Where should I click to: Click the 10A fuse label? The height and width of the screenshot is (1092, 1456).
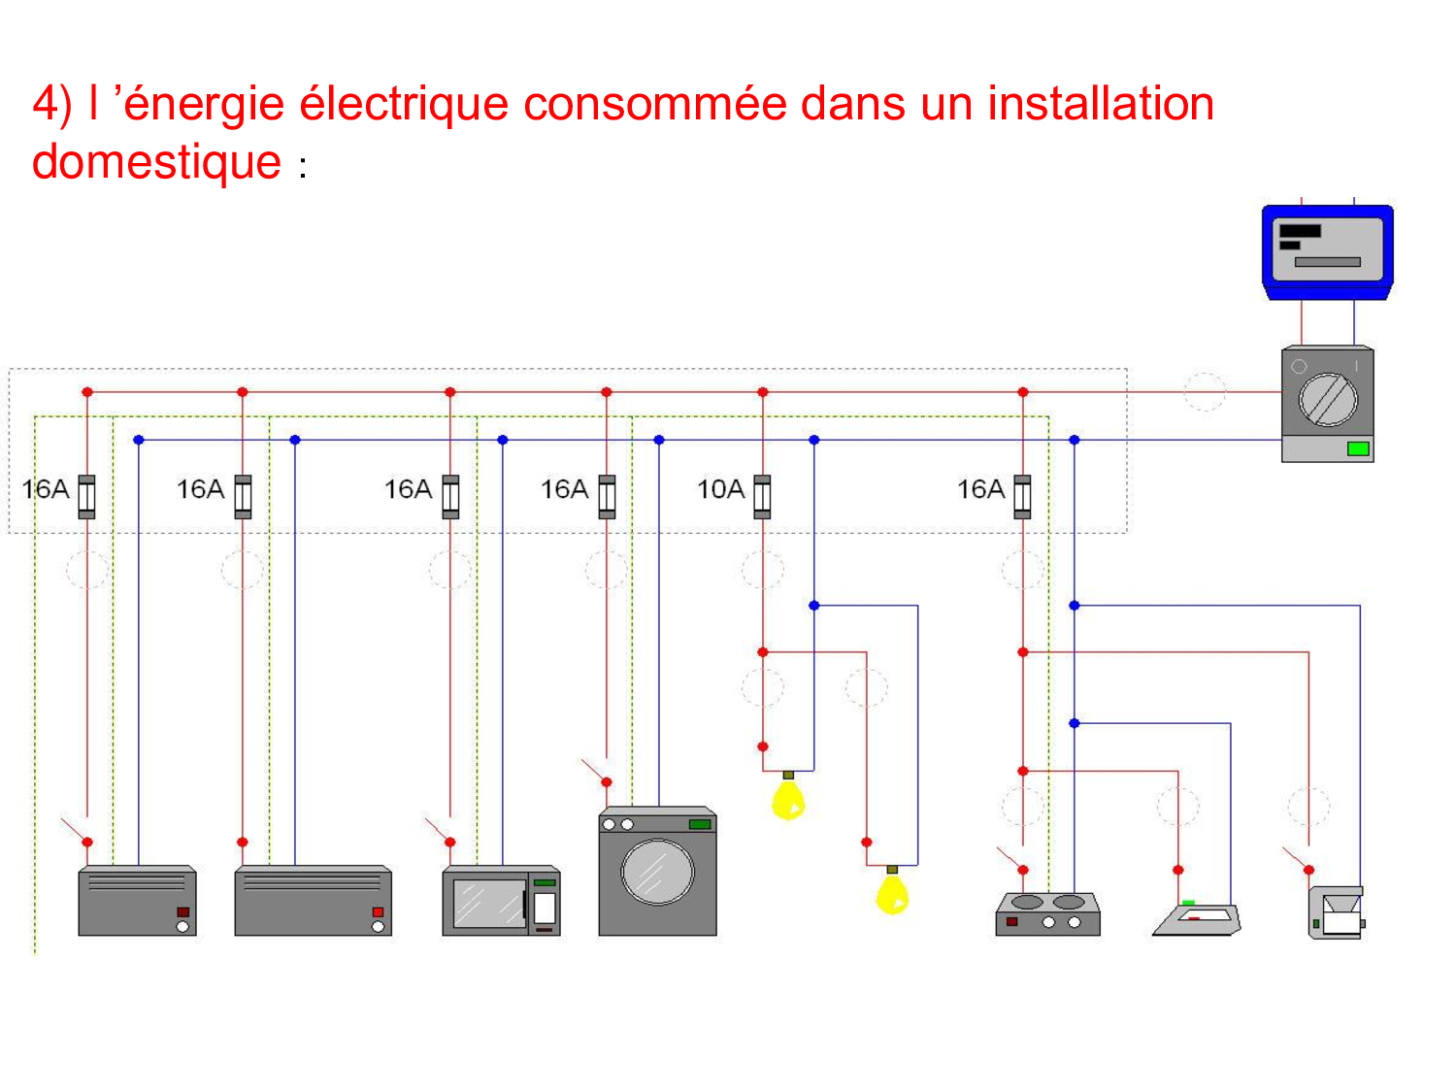coord(720,489)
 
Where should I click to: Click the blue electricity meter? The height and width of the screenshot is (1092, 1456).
coord(1327,251)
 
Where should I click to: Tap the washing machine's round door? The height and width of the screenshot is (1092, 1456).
coord(657,872)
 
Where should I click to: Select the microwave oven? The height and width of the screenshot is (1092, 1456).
coord(501,901)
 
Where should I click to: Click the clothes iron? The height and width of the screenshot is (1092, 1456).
coord(1197,918)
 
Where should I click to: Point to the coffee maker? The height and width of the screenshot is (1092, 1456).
coord(1337,912)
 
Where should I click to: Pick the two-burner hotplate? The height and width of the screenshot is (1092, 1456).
coord(1047,913)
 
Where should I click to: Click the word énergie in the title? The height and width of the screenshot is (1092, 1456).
coord(204,104)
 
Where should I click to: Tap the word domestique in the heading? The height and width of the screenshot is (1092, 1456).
coord(156,162)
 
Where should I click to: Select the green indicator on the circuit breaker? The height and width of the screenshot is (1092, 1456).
coord(1358,448)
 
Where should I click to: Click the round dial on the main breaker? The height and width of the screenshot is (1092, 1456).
coord(1328,399)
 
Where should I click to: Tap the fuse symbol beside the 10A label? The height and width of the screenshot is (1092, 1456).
coord(763,496)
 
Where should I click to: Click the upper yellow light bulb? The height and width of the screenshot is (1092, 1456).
coord(788,799)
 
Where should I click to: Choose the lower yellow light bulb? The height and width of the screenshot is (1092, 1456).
coord(892,893)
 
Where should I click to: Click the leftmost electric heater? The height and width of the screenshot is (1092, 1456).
coord(137,901)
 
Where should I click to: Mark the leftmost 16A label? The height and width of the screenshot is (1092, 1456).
coord(46,489)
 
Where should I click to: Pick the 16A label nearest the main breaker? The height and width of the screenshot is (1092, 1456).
coord(980,489)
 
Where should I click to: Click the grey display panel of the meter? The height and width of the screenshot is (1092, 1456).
coord(1327,248)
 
